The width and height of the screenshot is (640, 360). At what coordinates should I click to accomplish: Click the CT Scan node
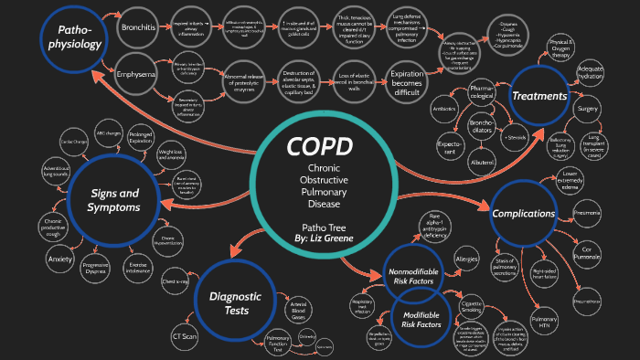[x=185, y=336]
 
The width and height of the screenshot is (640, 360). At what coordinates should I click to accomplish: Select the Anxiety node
[x=59, y=259]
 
